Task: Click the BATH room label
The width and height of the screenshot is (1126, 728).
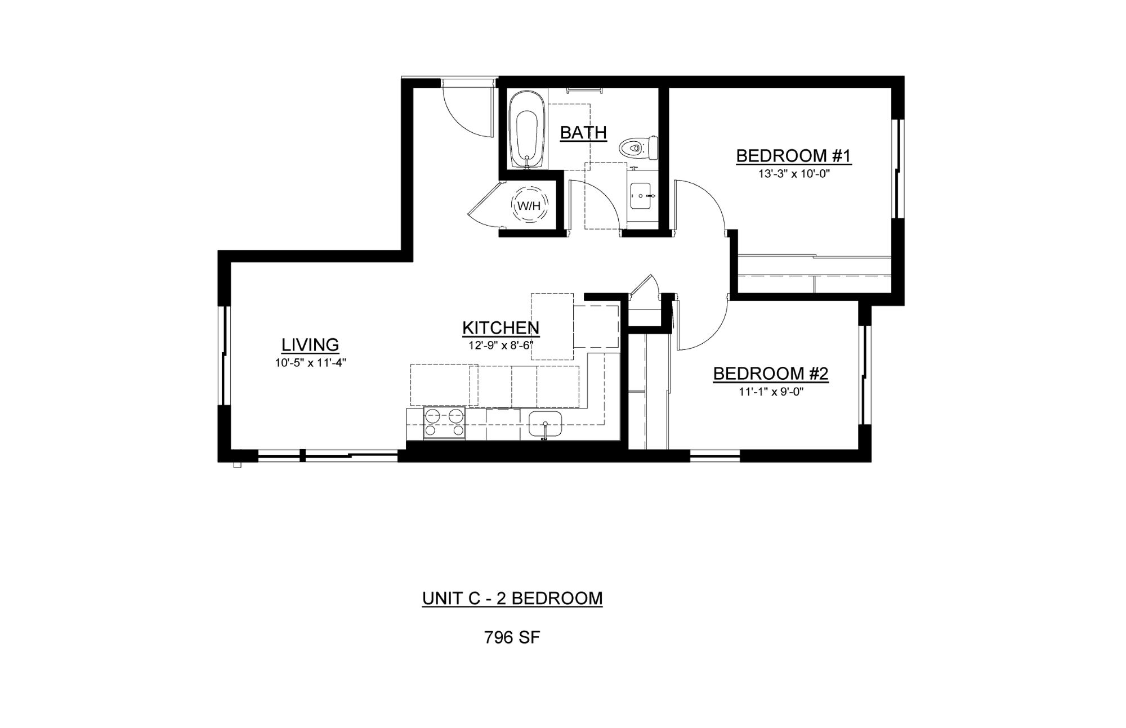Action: (583, 133)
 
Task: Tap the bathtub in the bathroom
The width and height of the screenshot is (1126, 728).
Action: (527, 130)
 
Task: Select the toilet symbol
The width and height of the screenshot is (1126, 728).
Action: (638, 149)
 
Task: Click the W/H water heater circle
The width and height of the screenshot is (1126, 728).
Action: (529, 206)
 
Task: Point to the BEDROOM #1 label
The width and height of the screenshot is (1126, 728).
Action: (794, 156)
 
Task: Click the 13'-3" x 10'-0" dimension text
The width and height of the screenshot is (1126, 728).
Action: (794, 174)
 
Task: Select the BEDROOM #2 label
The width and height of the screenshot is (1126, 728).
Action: (771, 374)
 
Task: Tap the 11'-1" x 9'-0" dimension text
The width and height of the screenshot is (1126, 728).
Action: (771, 392)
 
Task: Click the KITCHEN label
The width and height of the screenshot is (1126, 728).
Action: (501, 327)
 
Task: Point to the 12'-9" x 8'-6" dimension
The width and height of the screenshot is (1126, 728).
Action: (501, 345)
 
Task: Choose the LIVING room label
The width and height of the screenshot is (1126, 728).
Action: (310, 344)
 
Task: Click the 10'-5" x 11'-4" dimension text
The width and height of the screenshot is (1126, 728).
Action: (310, 363)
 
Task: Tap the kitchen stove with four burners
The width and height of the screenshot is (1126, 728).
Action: (444, 424)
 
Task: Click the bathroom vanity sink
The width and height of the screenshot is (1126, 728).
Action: (641, 195)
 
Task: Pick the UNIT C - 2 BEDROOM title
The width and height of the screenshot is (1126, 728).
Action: (512, 598)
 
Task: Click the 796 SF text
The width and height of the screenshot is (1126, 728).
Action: (512, 637)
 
